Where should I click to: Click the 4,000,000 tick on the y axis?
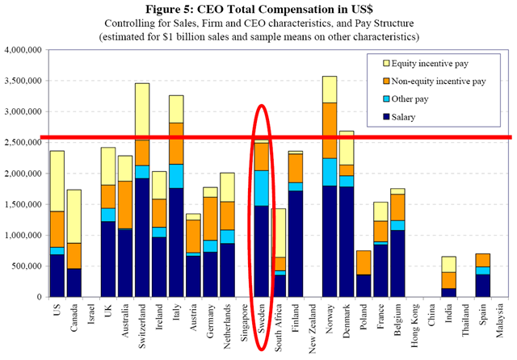(x=22, y=50)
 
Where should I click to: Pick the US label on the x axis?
(x=57, y=314)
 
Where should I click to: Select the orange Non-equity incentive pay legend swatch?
(x=376, y=82)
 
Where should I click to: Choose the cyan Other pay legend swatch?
(x=376, y=100)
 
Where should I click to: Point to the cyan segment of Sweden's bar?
(x=261, y=187)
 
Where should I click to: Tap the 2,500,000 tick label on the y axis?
(x=22, y=143)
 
